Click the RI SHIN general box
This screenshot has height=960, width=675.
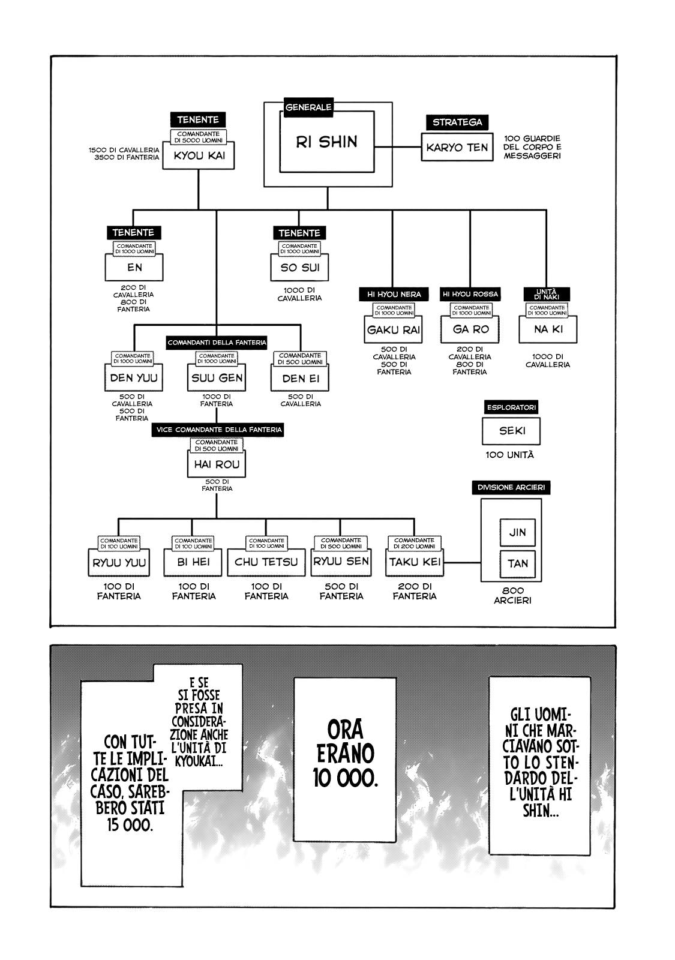point(327,142)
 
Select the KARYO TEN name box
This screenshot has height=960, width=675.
point(457,148)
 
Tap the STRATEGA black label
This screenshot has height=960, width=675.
point(457,122)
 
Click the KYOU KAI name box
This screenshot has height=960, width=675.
point(199,156)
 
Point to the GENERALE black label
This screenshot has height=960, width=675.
point(308,107)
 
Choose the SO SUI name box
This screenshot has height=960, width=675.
point(299,268)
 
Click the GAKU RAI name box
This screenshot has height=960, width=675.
point(394,329)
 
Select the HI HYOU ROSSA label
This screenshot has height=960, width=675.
point(470,294)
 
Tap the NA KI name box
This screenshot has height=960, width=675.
point(548,329)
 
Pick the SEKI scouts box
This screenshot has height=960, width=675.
point(512,431)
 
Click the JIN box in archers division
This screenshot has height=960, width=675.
point(517,532)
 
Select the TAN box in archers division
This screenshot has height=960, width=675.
point(517,563)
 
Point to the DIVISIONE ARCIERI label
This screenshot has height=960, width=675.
point(511,488)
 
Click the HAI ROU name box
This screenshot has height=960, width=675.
point(217,464)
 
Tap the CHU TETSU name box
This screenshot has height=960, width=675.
point(266,562)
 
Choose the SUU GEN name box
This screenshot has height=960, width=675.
point(217,378)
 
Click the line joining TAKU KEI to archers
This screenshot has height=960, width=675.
point(462,563)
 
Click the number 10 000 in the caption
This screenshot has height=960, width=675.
point(345,778)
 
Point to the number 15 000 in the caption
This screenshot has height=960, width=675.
point(130,824)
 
